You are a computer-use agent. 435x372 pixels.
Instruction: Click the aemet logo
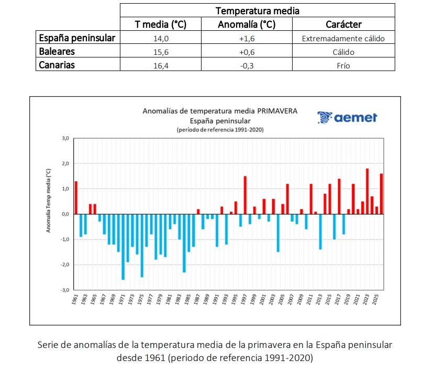tap(347, 118)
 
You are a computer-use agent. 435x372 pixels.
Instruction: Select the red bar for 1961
tap(76, 198)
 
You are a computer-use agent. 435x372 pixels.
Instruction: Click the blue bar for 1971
tap(123, 247)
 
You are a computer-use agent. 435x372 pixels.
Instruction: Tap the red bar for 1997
tap(245, 195)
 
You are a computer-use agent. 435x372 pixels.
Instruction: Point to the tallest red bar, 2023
tap(367, 191)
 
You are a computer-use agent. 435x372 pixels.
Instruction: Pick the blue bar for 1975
tap(142, 246)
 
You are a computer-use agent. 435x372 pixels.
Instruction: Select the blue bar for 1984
tap(184, 243)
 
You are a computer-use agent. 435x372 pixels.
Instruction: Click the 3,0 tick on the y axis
tap(65, 138)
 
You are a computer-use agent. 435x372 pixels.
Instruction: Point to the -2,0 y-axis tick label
tap(64, 264)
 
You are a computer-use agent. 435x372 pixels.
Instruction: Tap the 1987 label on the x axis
tap(197, 299)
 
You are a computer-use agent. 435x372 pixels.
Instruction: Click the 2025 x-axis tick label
tap(375, 299)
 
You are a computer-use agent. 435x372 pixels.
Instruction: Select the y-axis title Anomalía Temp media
tap(48, 201)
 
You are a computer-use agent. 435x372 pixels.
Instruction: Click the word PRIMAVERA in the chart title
tap(277, 111)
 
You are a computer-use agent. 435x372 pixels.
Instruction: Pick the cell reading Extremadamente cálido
tap(343, 39)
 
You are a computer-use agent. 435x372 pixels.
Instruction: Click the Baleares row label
tap(57, 52)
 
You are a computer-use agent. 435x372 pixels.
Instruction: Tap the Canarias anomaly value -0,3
tap(247, 66)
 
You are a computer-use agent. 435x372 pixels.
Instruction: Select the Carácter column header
tap(343, 25)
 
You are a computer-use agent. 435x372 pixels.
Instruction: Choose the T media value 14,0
tap(161, 39)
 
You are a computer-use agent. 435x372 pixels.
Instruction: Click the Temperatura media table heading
tap(258, 11)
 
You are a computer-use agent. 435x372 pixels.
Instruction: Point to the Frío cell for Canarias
tap(343, 66)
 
